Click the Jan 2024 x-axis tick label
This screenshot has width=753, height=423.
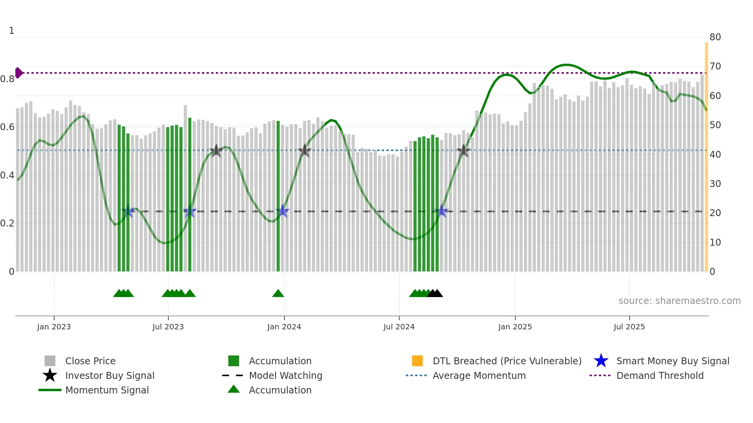[284, 327]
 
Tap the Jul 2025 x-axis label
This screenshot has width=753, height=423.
[629, 327]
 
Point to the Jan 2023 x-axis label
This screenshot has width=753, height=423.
[54, 327]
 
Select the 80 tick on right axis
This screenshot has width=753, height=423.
[715, 37]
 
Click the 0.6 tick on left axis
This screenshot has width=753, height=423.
[7, 127]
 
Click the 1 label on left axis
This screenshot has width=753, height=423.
[12, 31]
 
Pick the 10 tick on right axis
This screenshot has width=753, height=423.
[715, 243]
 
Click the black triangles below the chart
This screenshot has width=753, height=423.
[435, 293]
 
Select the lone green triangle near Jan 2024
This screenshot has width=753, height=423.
[278, 293]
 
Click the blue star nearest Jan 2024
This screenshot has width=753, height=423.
[283, 211]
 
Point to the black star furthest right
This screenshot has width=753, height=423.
[463, 151]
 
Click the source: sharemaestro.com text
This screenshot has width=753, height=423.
[679, 301]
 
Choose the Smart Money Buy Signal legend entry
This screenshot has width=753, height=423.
[672, 361]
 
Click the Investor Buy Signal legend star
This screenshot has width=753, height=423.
[50, 375]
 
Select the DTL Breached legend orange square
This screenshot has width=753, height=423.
[417, 361]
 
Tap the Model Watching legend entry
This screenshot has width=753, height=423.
[285, 375]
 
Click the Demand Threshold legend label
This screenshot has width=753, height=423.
[660, 375]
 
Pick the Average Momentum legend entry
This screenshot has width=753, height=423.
[479, 375]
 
